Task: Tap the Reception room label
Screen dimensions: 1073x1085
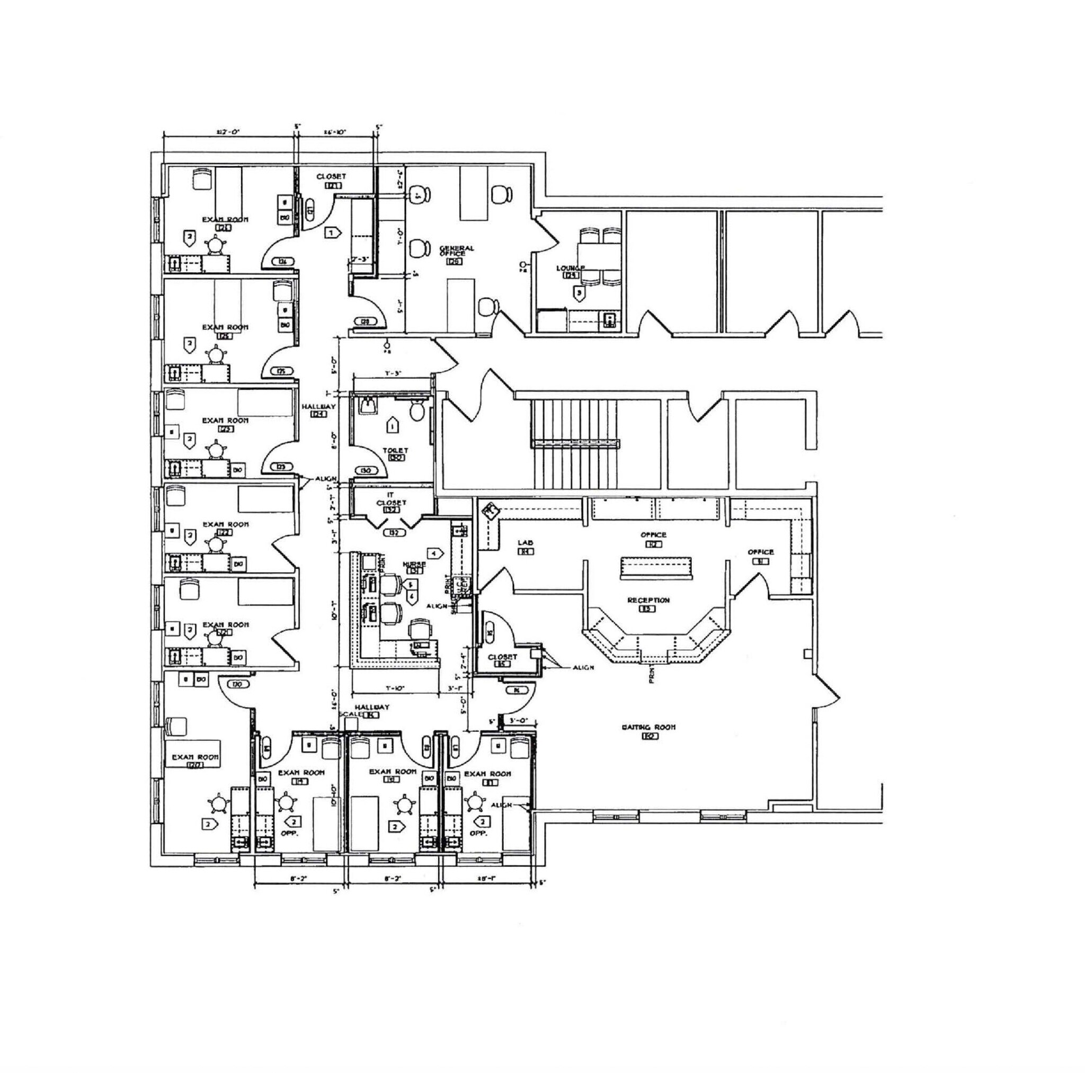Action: point(648,600)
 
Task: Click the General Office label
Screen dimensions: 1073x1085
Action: point(456,251)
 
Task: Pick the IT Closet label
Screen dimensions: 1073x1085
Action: point(391,499)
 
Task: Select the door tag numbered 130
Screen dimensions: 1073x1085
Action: point(366,470)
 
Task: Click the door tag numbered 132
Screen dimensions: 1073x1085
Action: point(393,532)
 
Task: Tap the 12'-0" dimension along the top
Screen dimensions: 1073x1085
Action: point(228,132)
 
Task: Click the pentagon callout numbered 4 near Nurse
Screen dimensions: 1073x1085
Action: point(436,553)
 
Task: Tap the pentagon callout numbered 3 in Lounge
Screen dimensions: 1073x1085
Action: point(579,292)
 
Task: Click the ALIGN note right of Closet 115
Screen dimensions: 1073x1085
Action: point(583,668)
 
